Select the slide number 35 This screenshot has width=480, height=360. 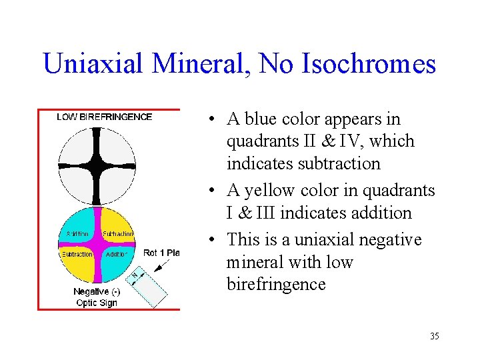pos(434,336)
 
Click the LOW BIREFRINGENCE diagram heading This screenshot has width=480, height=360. pos(104,117)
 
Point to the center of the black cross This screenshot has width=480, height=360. pos(97,163)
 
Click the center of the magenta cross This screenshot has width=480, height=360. pos(97,245)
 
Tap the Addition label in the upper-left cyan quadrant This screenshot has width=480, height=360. pos(78,234)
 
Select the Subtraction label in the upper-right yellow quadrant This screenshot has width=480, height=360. pos(118,234)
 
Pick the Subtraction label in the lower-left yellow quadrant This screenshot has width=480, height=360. pos(77,255)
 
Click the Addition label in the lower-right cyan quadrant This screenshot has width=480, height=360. pos(116,255)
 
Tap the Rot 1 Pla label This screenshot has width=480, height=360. pos(161,253)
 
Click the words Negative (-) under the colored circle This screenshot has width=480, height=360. pos(97,291)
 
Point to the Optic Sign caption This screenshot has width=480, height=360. pos(97,303)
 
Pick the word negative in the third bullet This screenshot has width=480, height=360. pos(391,239)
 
